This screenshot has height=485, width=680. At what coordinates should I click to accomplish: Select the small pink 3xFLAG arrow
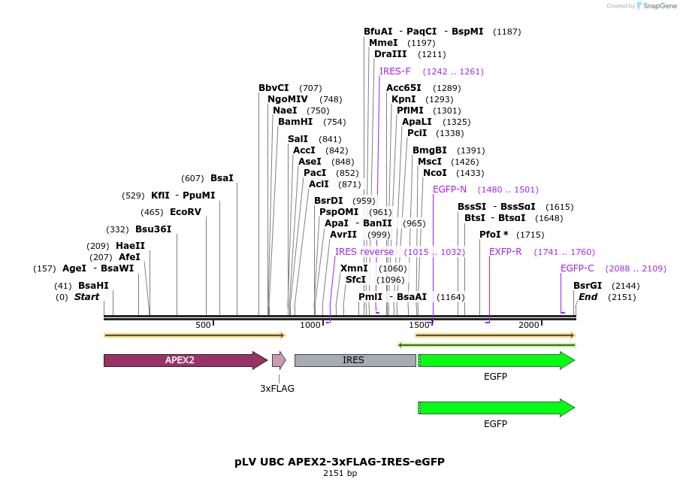(x=279, y=360)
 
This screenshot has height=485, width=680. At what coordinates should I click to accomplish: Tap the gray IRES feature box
(x=354, y=360)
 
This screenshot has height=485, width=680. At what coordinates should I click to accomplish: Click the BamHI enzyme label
(x=295, y=122)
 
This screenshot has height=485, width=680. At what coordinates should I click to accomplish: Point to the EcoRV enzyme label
(x=186, y=212)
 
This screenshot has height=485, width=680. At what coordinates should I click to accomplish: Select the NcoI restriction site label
(x=434, y=173)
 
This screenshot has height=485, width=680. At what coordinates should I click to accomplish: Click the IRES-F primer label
(x=395, y=71)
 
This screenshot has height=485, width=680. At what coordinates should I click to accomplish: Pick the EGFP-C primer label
(x=577, y=268)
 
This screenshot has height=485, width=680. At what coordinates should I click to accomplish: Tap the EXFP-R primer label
(x=505, y=252)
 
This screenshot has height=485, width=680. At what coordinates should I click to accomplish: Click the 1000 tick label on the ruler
(x=310, y=325)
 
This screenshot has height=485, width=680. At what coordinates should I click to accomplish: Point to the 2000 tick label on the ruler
(x=529, y=325)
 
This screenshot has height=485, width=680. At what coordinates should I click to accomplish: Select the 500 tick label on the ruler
(x=203, y=325)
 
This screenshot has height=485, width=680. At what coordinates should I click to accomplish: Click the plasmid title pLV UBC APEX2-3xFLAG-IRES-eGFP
(x=340, y=461)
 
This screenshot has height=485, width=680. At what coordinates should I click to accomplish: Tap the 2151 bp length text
(x=340, y=473)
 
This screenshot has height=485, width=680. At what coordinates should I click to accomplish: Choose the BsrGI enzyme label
(x=588, y=286)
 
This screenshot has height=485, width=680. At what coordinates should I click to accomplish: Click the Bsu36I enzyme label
(x=153, y=229)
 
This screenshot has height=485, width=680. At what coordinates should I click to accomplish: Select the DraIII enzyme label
(x=390, y=54)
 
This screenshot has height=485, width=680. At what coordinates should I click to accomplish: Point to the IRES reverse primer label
(x=364, y=252)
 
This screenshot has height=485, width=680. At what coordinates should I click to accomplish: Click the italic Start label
(x=86, y=297)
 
